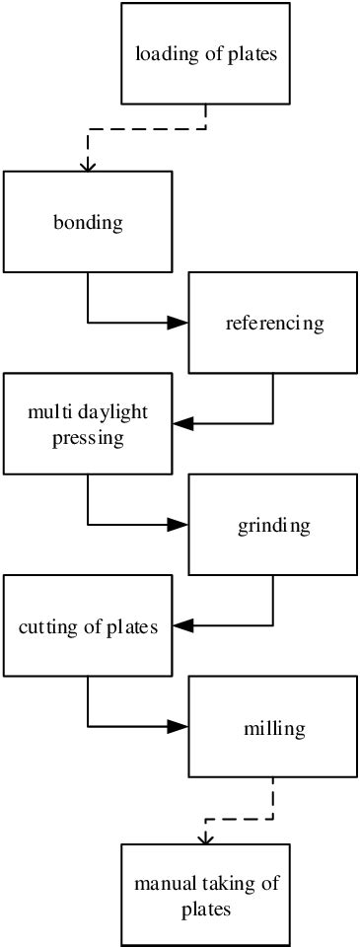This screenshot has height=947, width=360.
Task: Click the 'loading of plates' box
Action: (206, 53)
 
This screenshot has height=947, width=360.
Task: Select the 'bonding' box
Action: (88, 222)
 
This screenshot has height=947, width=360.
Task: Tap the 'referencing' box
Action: (273, 323)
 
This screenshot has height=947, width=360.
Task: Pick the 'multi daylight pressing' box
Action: (88, 423)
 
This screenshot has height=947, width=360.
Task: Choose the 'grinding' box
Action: (273, 525)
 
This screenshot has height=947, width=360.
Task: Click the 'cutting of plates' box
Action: (88, 626)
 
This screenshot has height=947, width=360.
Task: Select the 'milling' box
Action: (273, 728)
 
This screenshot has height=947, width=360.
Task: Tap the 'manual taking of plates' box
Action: (206, 896)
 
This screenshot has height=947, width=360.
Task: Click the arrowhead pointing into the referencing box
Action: (179, 323)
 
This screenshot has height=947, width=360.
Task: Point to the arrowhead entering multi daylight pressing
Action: (182, 423)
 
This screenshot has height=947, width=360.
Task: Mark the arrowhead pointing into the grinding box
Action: (179, 525)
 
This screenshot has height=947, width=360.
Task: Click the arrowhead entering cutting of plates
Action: (182, 625)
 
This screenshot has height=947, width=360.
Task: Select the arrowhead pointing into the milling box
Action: (179, 727)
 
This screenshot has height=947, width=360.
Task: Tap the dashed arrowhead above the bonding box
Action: (88, 165)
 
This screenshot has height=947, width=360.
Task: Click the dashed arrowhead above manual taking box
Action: (205, 838)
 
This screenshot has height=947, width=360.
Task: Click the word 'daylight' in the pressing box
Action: (110, 411)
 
